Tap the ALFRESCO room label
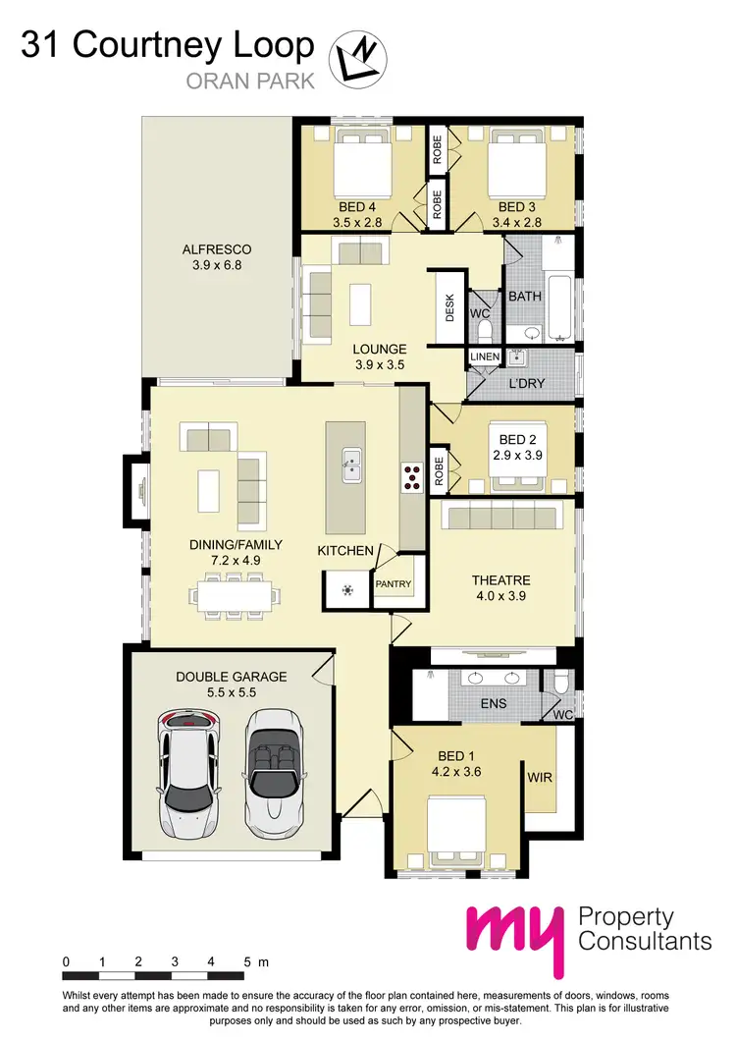217,249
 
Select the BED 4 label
356,207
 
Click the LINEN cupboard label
485,356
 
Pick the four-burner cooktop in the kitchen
412,476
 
